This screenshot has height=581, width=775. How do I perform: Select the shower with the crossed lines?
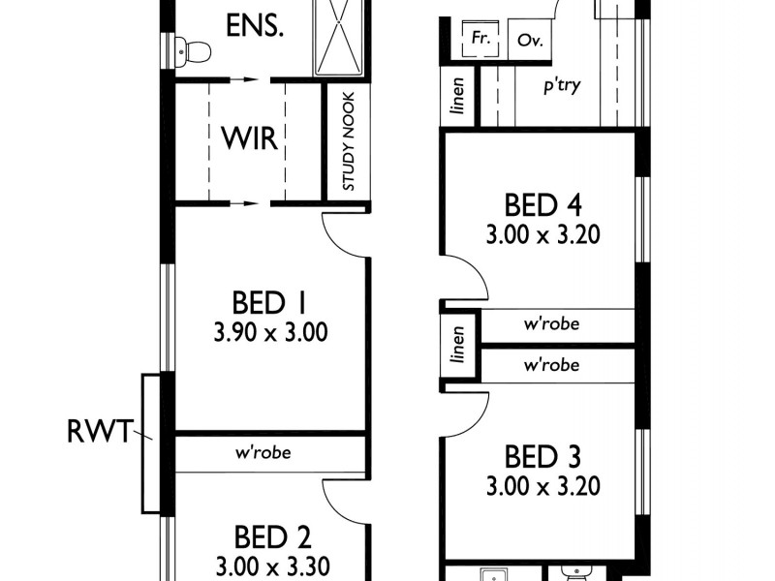point(340,37)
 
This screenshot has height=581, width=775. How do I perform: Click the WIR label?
point(248,138)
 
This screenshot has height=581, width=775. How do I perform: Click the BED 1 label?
point(270,303)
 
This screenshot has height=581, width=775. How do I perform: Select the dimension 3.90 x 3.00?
point(270,334)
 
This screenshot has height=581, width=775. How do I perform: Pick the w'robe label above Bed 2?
point(263,452)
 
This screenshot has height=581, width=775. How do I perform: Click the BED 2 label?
point(271,536)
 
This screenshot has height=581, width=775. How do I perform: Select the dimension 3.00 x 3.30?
point(271,566)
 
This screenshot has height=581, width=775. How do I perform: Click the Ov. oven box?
point(529,41)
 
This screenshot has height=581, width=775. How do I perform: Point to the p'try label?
point(562,85)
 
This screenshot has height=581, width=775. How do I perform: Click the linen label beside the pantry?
point(458,97)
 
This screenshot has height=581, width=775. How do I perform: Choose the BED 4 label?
point(543,205)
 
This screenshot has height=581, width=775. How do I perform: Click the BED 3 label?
point(543,456)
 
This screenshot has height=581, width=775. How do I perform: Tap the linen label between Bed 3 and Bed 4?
point(459,344)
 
